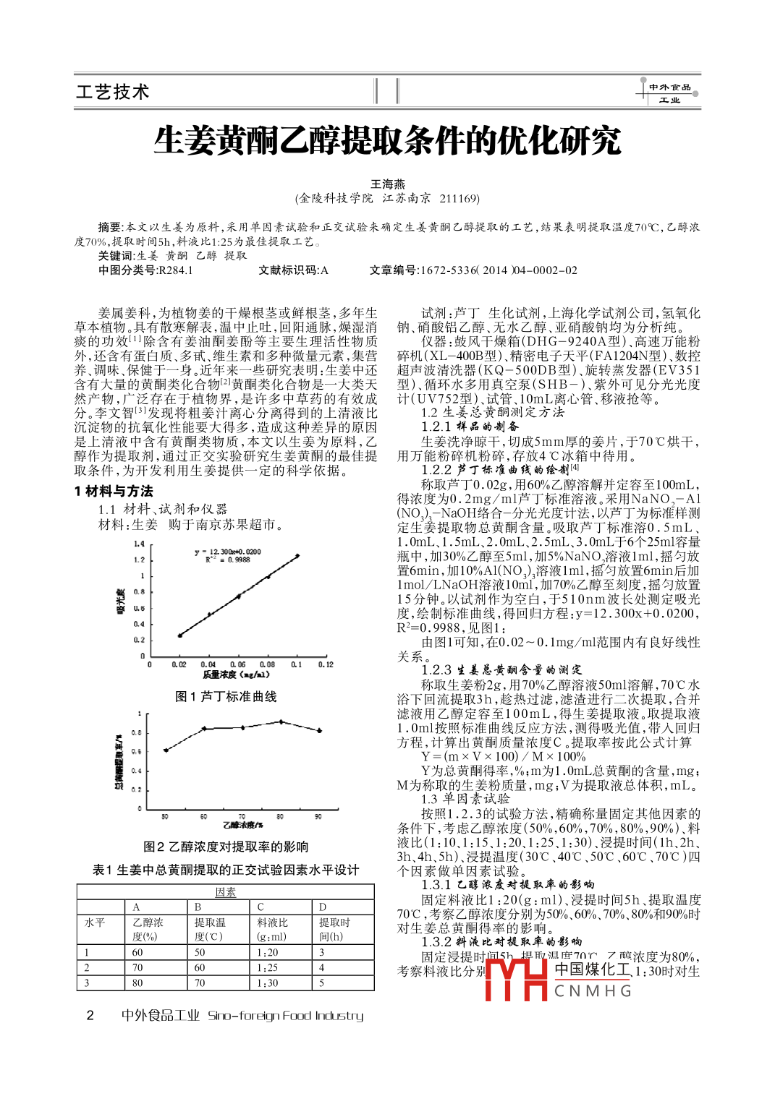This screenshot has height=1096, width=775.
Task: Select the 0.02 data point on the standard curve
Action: pyautogui.click(x=179, y=635)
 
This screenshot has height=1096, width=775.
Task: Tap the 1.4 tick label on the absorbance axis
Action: pyautogui.click(x=139, y=544)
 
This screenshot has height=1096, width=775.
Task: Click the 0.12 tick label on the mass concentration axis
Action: pyautogui.click(x=326, y=664)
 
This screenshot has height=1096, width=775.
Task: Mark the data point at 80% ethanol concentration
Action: pyautogui.click(x=281, y=722)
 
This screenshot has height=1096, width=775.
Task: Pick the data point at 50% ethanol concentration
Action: pyautogui.click(x=166, y=750)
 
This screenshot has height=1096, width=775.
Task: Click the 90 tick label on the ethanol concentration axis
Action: pyautogui.click(x=318, y=816)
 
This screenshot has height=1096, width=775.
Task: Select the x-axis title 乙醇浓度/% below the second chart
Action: pyautogui.click(x=242, y=825)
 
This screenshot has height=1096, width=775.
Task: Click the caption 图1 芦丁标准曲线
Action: pyautogui.click(x=226, y=696)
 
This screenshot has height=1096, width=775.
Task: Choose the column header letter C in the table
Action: pyautogui.click(x=261, y=907)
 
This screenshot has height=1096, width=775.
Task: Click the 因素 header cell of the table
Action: pyautogui.click(x=225, y=892)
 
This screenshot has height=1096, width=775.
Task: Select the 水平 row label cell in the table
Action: pyautogui.click(x=95, y=922)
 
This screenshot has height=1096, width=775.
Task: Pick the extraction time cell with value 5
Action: pyautogui.click(x=322, y=983)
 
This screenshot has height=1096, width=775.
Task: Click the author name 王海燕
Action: pyautogui.click(x=388, y=184)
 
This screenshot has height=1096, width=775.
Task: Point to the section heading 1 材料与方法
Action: pyautogui.click(x=114, y=491)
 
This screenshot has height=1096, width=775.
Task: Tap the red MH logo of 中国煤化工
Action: pyautogui.click(x=515, y=979)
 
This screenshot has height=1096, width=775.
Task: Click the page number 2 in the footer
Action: pyautogui.click(x=90, y=1015)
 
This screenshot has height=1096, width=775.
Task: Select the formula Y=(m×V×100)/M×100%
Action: pyautogui.click(x=504, y=756)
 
